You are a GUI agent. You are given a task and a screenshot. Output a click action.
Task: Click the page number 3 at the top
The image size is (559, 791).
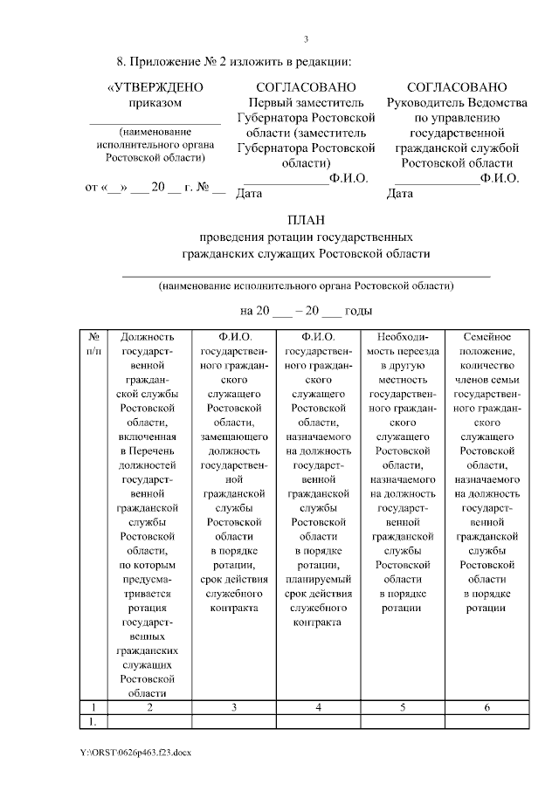[306, 38]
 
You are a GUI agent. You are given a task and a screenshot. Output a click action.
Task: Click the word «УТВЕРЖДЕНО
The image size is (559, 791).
[155, 87]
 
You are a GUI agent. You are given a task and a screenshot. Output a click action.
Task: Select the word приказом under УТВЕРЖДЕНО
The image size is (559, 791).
[155, 102]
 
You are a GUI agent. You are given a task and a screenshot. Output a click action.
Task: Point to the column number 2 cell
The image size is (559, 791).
[149, 707]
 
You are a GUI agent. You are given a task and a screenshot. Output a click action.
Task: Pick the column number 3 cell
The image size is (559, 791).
[233, 707]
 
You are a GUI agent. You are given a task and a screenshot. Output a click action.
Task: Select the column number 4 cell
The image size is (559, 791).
[319, 707]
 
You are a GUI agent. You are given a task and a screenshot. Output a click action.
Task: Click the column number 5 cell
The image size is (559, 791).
[404, 707]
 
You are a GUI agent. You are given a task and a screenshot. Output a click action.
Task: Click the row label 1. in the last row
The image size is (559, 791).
[93, 721]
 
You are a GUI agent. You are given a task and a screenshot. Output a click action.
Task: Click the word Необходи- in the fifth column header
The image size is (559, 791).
[404, 337]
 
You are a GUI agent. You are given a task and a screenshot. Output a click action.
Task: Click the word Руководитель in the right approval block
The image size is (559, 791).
[423, 102]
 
